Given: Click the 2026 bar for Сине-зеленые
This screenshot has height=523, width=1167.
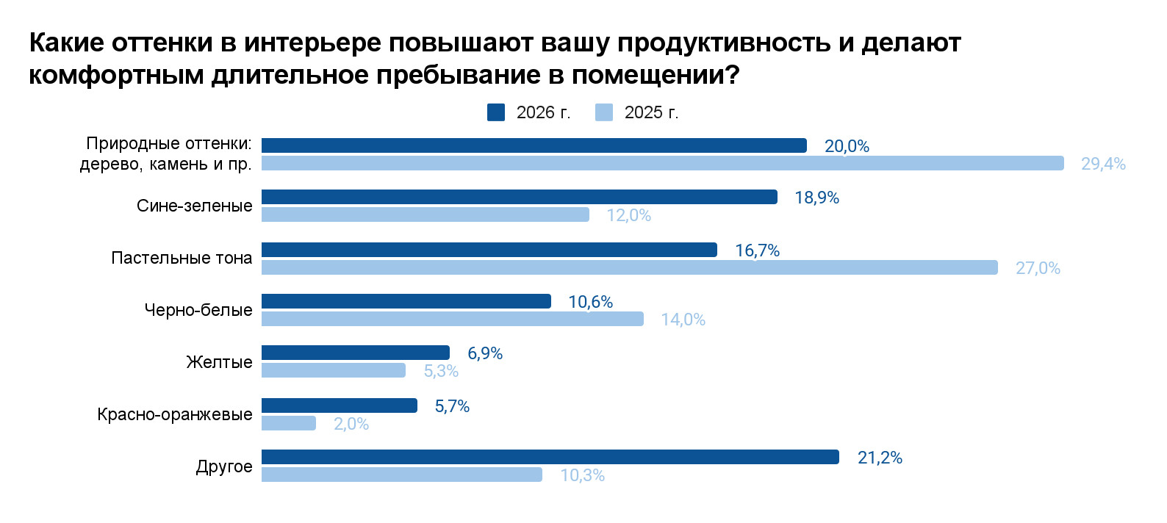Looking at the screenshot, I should [519, 197].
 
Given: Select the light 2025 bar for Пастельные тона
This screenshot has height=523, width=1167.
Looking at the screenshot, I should [629, 267].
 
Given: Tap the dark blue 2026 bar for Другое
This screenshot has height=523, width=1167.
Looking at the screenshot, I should [550, 457].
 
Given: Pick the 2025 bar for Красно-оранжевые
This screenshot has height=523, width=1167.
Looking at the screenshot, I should [289, 423].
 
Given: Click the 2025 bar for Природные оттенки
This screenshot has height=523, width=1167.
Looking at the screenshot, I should [662, 163].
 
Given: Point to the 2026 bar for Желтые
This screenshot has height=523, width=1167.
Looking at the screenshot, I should [355, 353].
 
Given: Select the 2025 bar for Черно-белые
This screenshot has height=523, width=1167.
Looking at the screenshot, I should [452, 319].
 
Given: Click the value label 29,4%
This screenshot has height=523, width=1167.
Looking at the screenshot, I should [1103, 164].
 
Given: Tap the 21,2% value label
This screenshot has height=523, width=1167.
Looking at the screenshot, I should [880, 458].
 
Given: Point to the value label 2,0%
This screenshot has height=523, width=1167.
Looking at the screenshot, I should [351, 424].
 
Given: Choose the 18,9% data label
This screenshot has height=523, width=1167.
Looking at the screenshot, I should [816, 198].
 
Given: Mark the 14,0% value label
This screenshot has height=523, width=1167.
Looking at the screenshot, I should [683, 320].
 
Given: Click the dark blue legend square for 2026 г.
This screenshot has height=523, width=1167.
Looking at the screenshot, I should [496, 112].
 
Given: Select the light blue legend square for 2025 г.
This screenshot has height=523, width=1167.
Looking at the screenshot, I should [604, 112].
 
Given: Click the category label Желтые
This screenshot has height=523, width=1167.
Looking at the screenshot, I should [219, 362].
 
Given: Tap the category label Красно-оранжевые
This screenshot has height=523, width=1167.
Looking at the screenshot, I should [175, 414].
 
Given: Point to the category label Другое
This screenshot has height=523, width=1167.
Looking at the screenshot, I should [224, 466].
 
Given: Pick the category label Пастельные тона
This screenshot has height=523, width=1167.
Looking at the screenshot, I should [182, 258].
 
